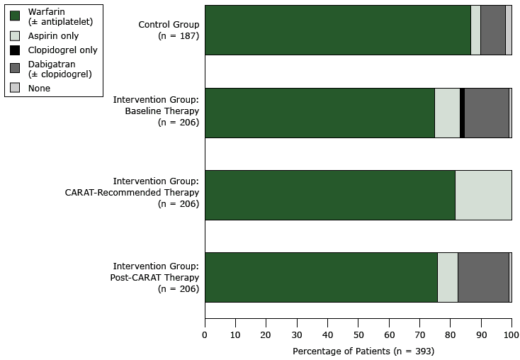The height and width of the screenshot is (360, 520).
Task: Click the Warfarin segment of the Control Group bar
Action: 337,30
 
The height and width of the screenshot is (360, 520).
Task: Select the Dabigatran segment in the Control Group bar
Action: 493,30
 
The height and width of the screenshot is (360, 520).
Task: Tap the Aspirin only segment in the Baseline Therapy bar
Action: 447,113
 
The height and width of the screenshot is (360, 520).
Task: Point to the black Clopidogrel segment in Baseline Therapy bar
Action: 462,113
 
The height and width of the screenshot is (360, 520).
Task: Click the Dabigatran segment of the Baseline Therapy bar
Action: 486,113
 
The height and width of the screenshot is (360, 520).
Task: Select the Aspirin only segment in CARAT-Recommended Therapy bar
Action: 483,195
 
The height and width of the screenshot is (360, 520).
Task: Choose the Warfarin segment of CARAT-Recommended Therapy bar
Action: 329,195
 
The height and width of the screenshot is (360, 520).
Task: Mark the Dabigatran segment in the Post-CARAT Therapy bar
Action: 483,277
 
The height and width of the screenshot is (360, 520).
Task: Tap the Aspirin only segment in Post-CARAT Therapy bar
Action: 448,277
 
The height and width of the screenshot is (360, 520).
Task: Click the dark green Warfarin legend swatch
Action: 15,16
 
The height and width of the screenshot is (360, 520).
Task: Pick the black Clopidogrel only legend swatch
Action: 15,50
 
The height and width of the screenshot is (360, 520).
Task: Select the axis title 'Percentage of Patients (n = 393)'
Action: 363,351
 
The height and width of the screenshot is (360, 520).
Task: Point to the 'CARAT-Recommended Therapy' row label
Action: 156,193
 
